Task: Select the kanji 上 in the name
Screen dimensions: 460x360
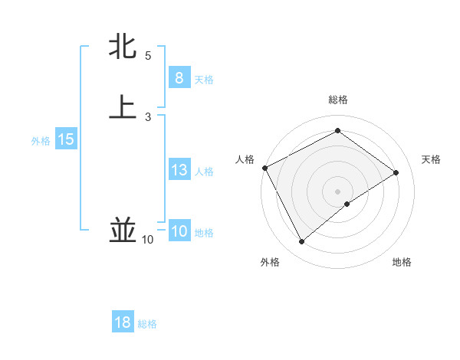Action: click(123, 107)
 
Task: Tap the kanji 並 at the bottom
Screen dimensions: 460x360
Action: click(123, 230)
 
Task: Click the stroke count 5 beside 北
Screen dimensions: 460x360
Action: click(148, 56)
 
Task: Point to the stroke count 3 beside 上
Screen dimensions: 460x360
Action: click(148, 116)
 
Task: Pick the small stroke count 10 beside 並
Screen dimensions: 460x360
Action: click(147, 241)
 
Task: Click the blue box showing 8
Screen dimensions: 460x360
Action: click(179, 78)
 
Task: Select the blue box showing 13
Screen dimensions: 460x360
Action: click(179, 170)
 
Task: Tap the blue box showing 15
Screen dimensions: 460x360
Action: click(65, 139)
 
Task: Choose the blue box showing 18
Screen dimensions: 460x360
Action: click(123, 322)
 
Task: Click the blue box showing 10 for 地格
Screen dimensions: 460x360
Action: click(179, 231)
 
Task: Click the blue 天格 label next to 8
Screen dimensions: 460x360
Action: click(204, 80)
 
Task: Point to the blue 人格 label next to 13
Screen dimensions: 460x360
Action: click(204, 172)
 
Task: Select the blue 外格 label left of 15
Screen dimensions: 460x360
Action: click(41, 141)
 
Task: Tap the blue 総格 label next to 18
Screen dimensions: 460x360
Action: click(147, 324)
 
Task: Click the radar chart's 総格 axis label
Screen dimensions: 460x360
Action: click(338, 100)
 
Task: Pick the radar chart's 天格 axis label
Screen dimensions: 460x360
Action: click(431, 159)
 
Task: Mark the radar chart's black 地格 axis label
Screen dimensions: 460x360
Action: click(402, 263)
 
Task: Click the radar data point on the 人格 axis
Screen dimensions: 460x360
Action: click(264, 168)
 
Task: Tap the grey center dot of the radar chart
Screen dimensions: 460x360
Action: click(338, 191)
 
